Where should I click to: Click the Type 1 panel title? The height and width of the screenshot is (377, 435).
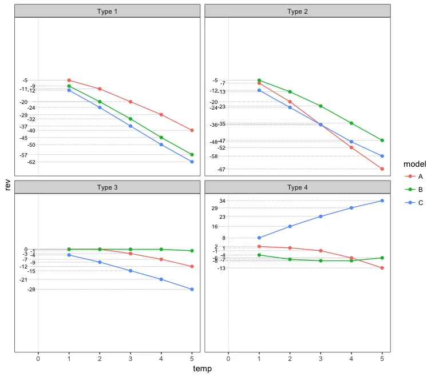pyautogui.click(x=108, y=11)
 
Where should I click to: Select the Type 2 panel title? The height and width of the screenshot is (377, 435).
pyautogui.click(x=298, y=11)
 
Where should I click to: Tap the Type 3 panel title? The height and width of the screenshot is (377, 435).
pyautogui.click(x=108, y=187)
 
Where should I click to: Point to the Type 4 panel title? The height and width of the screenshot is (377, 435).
pyautogui.click(x=298, y=187)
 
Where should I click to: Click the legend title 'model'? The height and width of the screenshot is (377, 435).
pyautogui.click(x=414, y=164)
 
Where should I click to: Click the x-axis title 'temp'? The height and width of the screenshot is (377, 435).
pyautogui.click(x=203, y=369)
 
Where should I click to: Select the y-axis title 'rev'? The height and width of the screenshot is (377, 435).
pyautogui.click(x=8, y=184)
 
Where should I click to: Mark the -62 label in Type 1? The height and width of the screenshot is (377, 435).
pyautogui.click(x=31, y=162)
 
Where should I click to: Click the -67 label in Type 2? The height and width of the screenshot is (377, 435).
pyautogui.click(x=222, y=169)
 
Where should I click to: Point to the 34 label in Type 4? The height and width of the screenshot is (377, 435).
pyautogui.click(x=223, y=200)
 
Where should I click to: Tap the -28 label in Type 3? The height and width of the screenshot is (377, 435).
pyautogui.click(x=31, y=290)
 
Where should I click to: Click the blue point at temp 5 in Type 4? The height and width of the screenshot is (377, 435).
pyautogui.click(x=382, y=200)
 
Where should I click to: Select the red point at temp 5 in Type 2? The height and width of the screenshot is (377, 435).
pyautogui.click(x=382, y=169)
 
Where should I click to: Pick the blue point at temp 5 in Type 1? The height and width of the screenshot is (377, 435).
pyautogui.click(x=192, y=162)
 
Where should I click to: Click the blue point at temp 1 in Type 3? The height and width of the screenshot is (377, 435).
pyautogui.click(x=69, y=255)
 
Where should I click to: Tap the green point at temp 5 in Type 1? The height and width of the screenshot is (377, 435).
pyautogui.click(x=192, y=155)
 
